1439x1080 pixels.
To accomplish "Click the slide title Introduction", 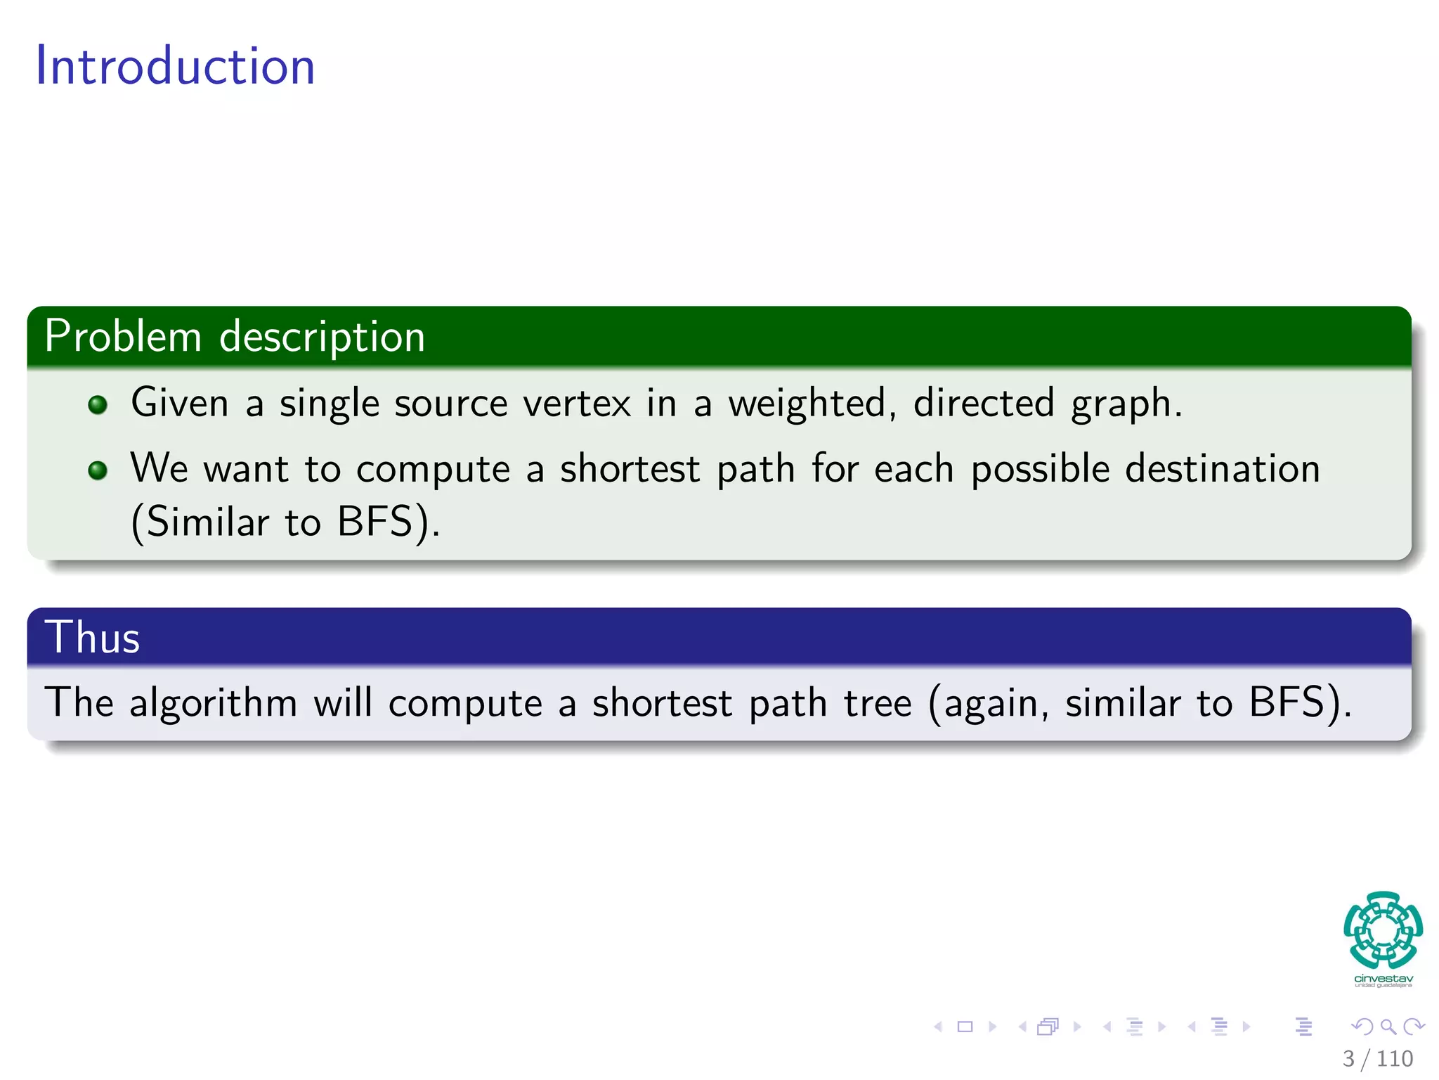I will coord(175,66).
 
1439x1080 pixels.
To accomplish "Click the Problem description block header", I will coord(234,336).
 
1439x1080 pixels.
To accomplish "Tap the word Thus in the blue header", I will coord(92,638).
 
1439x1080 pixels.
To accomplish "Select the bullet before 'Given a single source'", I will coord(98,405).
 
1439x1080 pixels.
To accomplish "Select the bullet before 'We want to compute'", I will coord(98,470).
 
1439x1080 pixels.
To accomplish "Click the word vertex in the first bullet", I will coord(577,404).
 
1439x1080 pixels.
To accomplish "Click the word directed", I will coord(984,403).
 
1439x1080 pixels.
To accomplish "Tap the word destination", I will coord(1222,469).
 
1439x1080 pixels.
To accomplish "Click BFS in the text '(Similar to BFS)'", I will coord(375,522).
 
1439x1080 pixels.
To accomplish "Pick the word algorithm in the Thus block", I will coord(213,703).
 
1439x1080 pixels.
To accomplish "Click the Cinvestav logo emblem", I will coord(1383,930).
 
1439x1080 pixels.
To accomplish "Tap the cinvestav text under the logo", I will coord(1383,979).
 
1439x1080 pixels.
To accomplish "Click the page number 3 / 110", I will coord(1377,1058).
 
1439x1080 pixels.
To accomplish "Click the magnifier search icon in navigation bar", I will coord(1388,1027).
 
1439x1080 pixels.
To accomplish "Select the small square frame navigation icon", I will coord(965,1027).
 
